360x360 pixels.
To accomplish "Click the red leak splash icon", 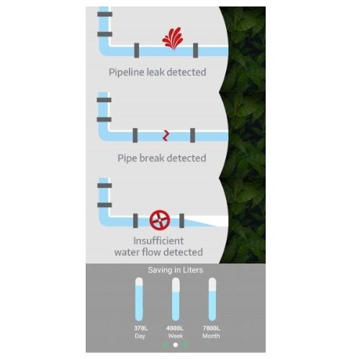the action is pos(173,38).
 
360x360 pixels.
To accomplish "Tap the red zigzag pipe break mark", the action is pos(166,135).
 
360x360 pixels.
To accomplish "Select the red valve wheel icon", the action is pos(160,220).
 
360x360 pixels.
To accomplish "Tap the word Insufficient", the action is pos(158,240).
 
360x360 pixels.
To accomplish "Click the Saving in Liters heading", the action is pos(176,270).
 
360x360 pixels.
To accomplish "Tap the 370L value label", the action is pos(140,328).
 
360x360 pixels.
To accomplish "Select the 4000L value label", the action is pos(175,328).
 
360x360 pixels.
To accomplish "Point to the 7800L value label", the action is pos(211,328).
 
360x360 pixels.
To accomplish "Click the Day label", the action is pos(140,336).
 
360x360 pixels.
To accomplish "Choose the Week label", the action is pos(176,336).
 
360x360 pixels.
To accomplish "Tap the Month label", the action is pos(211,336).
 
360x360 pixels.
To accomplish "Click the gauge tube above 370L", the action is pos(139,299).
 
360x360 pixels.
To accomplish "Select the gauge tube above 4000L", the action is pos(176,299).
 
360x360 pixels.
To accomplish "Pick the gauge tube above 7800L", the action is pos(212,299).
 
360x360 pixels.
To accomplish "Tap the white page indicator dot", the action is pos(176,345).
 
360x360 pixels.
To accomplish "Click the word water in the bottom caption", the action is pos(127,252).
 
